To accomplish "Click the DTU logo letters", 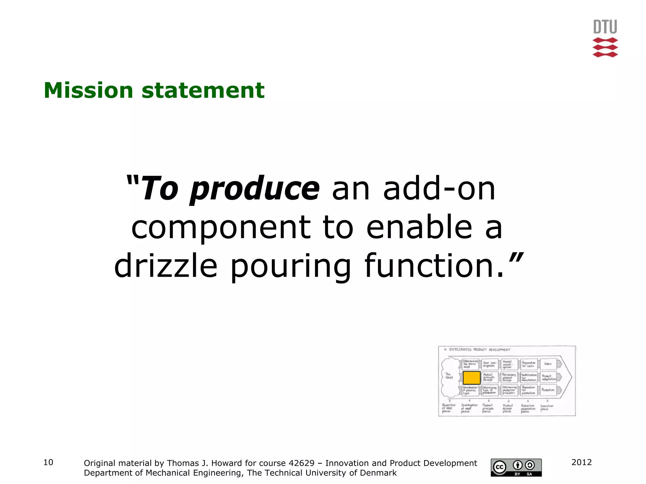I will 605,27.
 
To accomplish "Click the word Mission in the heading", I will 88,90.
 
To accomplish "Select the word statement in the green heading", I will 203,90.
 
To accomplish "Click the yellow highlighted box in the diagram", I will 472,378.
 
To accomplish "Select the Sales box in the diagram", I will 548,364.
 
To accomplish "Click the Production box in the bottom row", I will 548,390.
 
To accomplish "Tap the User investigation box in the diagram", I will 490,364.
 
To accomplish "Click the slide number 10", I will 48,462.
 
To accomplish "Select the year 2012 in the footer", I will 581,462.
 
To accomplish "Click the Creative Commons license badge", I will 516,467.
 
